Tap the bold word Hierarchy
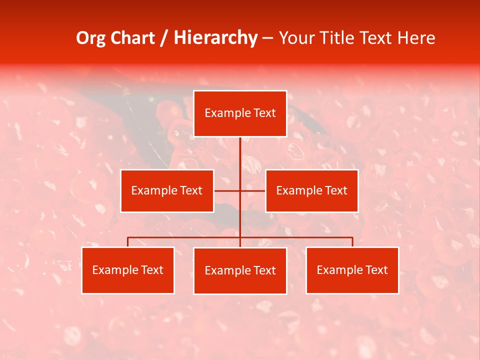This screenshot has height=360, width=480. pos(215,38)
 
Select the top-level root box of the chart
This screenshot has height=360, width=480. pos(240,113)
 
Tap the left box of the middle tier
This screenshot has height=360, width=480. pos(167,191)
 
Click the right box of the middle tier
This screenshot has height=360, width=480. pos(311,191)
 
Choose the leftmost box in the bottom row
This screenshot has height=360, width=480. pos(128,270)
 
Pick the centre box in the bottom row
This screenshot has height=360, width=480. pos(240,271)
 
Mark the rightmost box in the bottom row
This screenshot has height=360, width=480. pos(352,270)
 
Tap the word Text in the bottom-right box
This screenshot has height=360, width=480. pos(376,270)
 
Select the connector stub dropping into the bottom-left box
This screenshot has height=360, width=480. pos(128,242)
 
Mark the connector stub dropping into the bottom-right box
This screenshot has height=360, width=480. pos(352,242)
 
